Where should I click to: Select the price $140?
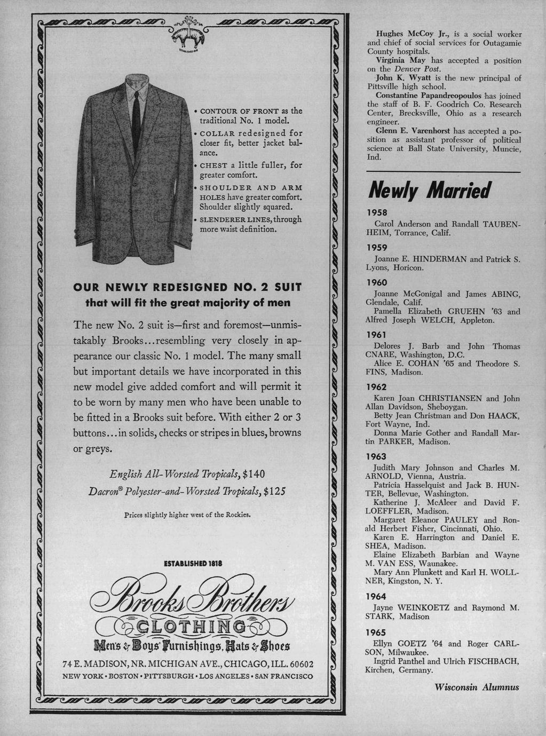[x=254, y=474]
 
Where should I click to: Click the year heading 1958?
[x=376, y=212]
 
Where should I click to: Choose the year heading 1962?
[x=376, y=387]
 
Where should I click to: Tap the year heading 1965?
[x=376, y=632]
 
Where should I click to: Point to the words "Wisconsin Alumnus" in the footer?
[x=477, y=687]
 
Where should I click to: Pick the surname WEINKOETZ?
[x=420, y=607]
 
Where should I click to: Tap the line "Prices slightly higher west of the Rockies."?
[x=187, y=516]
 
